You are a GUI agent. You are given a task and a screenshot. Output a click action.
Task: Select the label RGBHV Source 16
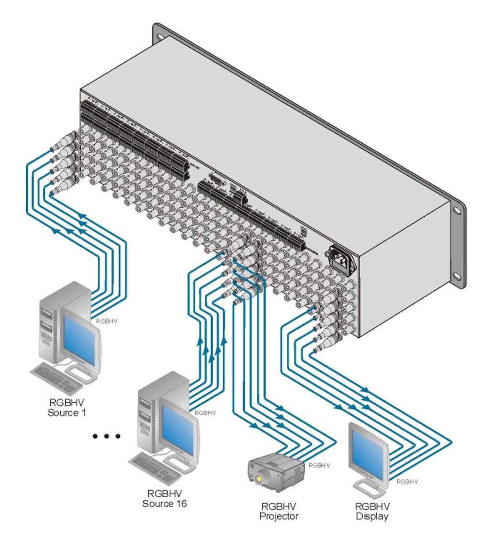[x=164, y=498]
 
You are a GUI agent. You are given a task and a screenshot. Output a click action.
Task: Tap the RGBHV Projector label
[x=279, y=511]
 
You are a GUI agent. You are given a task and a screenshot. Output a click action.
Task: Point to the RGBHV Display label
[x=372, y=511]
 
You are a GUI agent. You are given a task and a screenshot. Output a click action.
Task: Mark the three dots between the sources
[x=107, y=436]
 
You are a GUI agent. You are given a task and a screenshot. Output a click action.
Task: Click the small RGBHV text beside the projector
[x=319, y=465]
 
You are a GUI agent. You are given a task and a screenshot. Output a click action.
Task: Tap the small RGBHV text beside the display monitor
[x=407, y=481]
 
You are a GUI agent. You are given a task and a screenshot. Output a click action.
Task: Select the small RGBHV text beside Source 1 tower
[x=107, y=321]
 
